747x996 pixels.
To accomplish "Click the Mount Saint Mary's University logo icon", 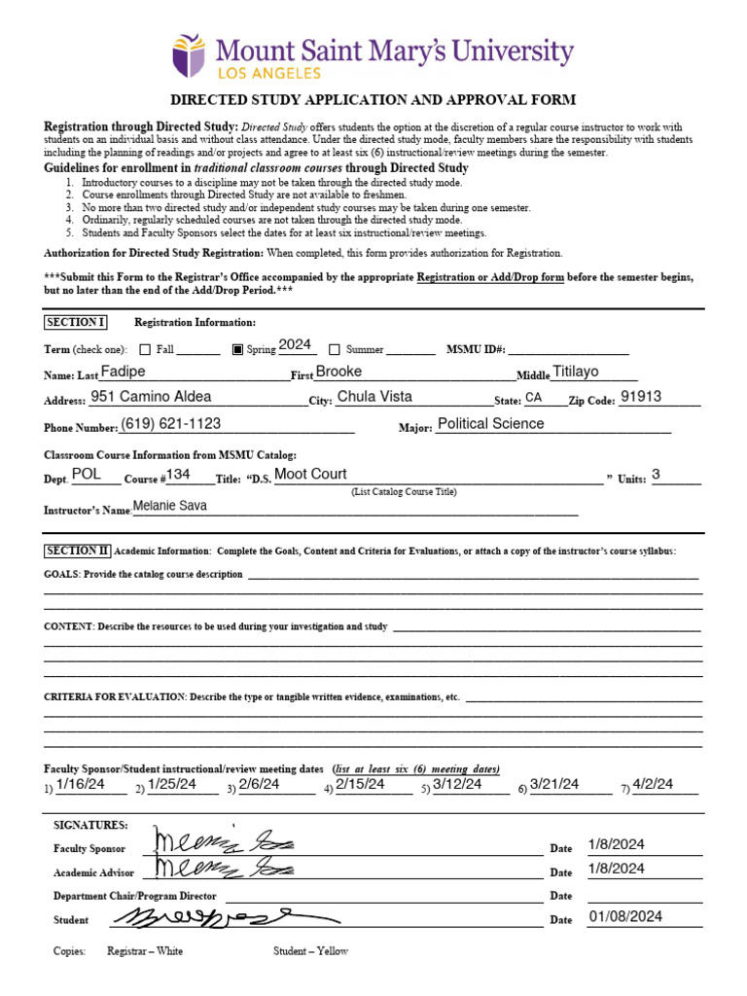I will [x=189, y=55].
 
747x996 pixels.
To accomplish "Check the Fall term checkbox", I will [x=145, y=350].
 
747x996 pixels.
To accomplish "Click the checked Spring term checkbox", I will [x=237, y=350].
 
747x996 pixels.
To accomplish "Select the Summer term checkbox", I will [x=334, y=350].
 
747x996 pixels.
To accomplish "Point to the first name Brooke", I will [x=338, y=372].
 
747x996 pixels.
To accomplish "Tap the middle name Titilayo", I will [x=576, y=372].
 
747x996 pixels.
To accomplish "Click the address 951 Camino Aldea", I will [x=151, y=397].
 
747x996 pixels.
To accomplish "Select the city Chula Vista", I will [x=373, y=397].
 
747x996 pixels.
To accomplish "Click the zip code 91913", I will [x=641, y=397].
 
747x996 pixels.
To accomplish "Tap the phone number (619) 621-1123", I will [x=171, y=423].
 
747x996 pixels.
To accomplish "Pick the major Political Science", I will [x=491, y=423].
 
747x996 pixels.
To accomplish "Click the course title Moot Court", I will [x=310, y=474].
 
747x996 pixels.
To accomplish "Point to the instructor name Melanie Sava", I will [x=170, y=506].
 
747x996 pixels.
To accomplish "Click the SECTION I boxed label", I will [x=75, y=323].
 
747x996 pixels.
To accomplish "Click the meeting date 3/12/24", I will [x=453, y=784].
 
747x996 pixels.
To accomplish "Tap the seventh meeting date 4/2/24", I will [x=653, y=784].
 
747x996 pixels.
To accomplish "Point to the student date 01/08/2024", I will [x=625, y=916].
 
